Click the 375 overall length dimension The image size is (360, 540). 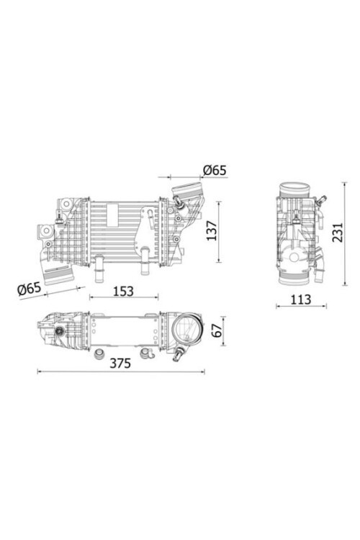[x=120, y=363]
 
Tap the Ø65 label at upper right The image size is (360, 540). [x=214, y=170]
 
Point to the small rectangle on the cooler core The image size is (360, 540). [x=112, y=212]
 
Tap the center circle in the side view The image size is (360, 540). [x=295, y=257]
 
